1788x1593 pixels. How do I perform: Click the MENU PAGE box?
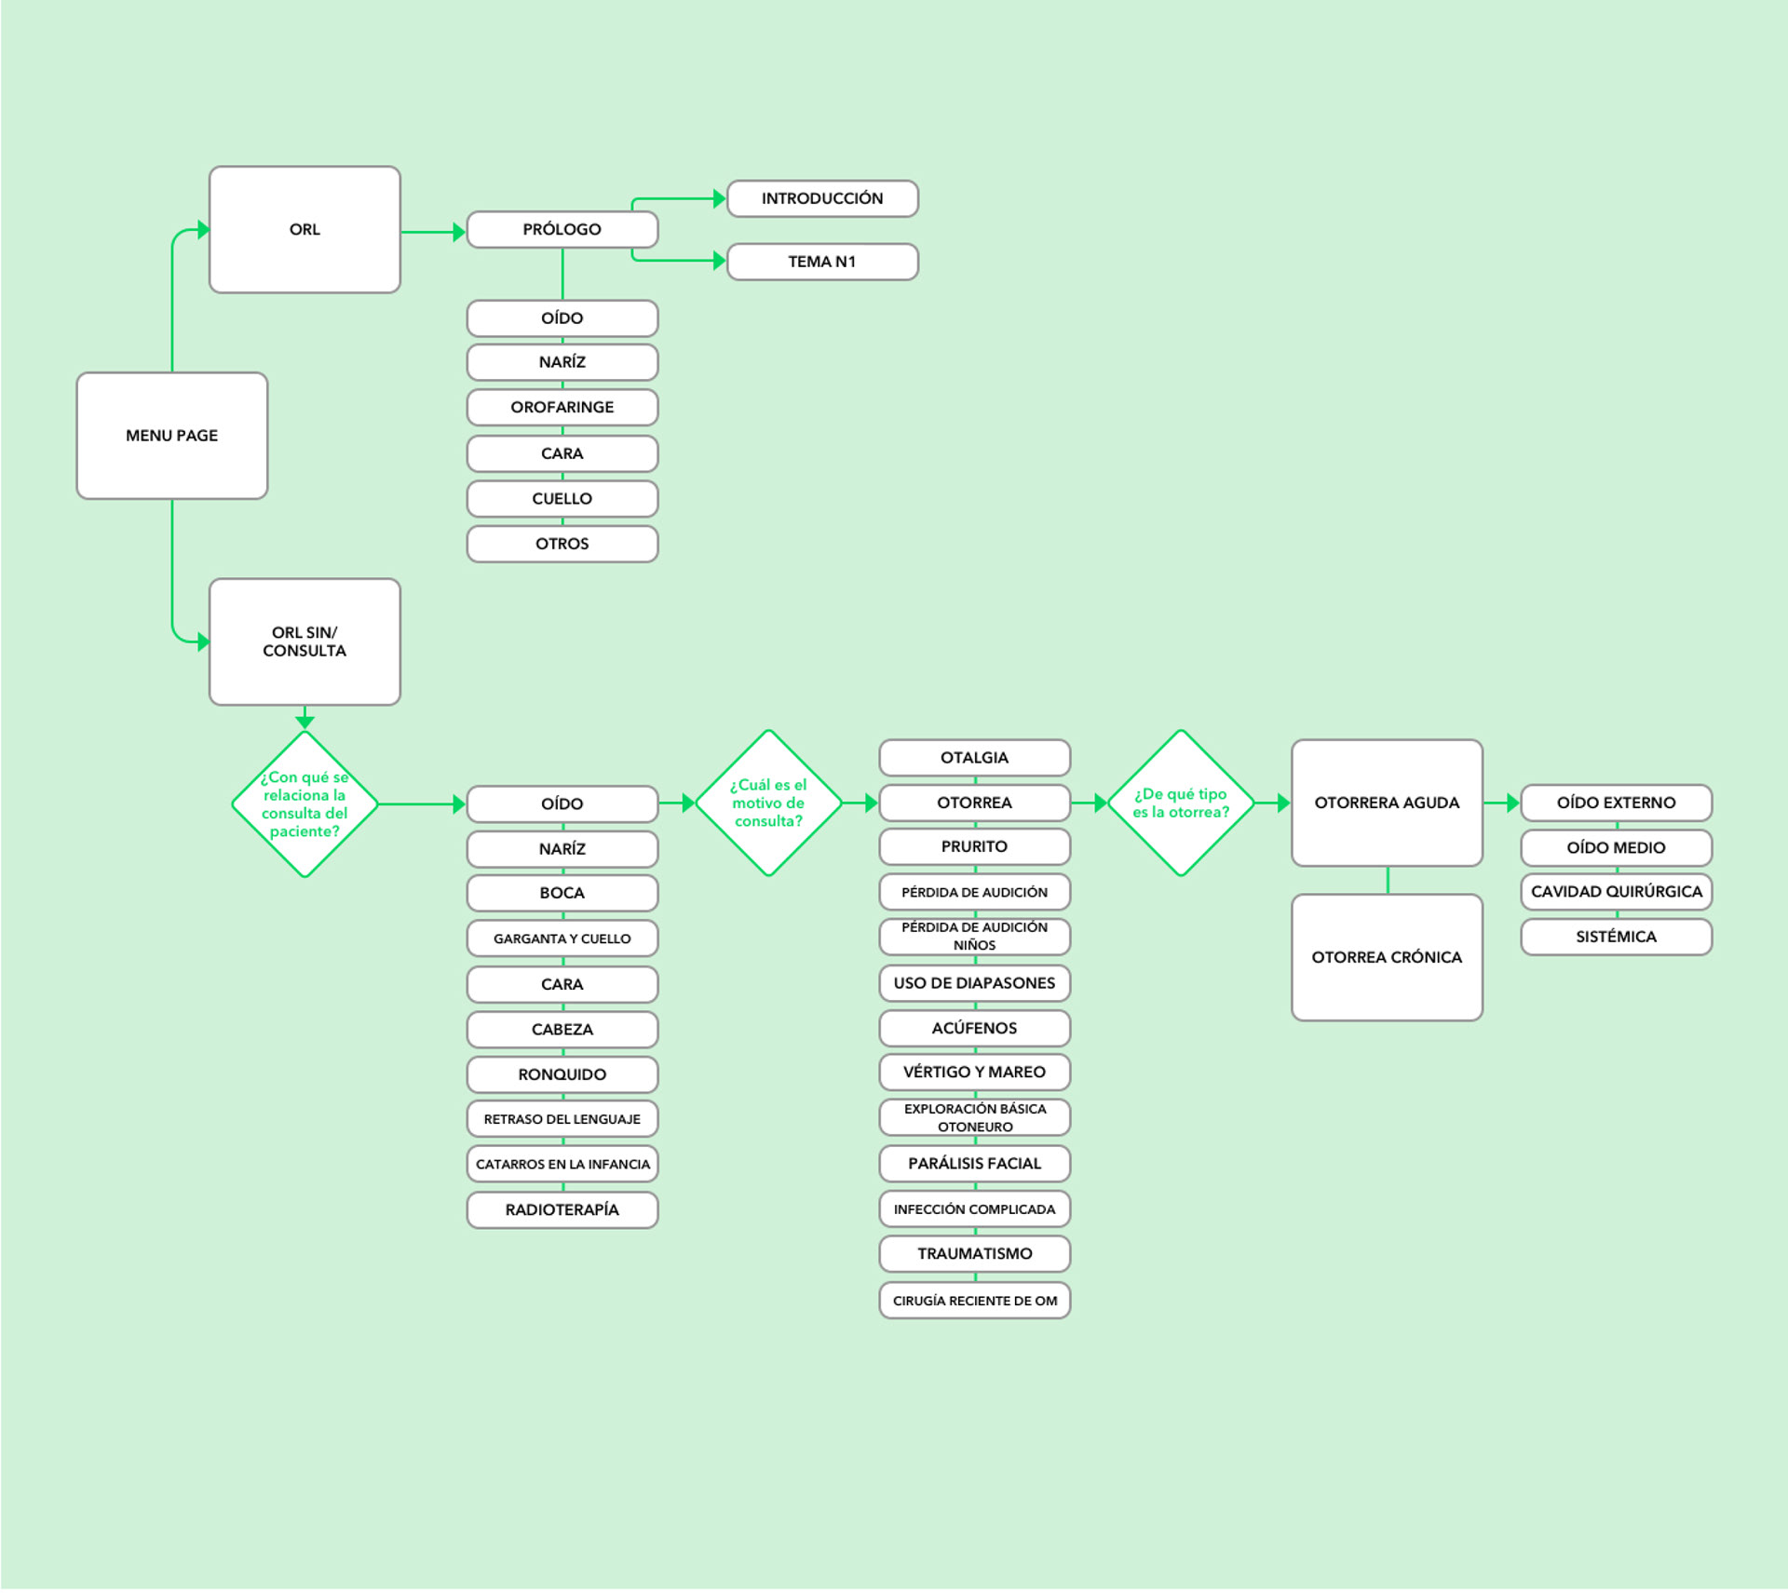(x=172, y=436)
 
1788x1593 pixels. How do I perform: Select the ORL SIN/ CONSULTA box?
(x=305, y=641)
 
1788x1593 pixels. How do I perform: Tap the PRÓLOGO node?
(x=562, y=229)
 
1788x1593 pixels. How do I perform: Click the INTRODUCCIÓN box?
(x=821, y=198)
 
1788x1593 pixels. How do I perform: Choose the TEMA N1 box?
(x=821, y=262)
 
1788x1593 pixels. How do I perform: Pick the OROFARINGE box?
(x=562, y=407)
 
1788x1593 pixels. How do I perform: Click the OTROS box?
(x=562, y=544)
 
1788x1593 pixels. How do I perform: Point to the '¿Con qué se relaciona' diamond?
(x=305, y=803)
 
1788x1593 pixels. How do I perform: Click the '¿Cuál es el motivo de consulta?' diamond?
(x=768, y=803)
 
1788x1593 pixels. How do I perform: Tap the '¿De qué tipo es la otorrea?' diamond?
(x=1180, y=803)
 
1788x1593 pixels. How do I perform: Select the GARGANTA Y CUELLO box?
(x=562, y=938)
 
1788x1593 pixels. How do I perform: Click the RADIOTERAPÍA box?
(x=562, y=1209)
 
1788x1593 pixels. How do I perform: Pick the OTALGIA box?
(x=974, y=758)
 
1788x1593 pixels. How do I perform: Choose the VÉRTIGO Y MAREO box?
(x=974, y=1072)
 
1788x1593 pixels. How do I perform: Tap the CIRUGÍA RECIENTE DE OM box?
(x=974, y=1301)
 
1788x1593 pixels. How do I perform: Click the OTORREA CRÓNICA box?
(x=1387, y=957)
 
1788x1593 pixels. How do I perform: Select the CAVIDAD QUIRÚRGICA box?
(x=1616, y=891)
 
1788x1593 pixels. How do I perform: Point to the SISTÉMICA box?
(x=1616, y=937)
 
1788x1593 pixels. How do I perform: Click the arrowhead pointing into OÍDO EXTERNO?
(x=1512, y=803)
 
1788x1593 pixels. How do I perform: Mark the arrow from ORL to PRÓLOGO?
(x=433, y=232)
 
